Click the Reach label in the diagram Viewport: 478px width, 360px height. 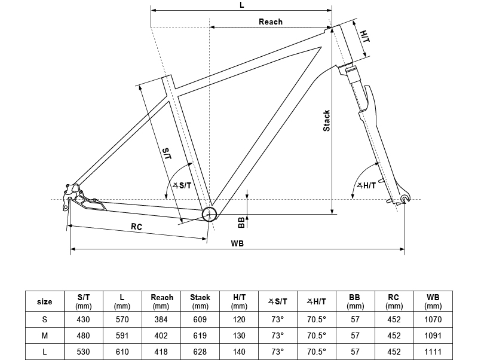coord(270,22)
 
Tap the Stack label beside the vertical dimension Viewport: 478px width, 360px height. coord(326,121)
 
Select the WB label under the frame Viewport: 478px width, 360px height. coord(237,243)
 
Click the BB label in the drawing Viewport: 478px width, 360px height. coord(241,222)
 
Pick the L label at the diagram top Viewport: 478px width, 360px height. coord(241,5)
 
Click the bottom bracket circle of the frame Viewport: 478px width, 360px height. coord(209,214)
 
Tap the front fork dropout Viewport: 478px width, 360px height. coord(405,199)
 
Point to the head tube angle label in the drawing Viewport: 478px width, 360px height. coord(366,185)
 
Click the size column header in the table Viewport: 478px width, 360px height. coord(45,301)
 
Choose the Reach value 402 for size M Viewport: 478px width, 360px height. coord(161,335)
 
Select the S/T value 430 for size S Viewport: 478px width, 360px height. coord(84,319)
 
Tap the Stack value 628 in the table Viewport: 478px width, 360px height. coord(200,352)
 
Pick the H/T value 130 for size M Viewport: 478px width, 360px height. coord(239,335)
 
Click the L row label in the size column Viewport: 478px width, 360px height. coord(45,352)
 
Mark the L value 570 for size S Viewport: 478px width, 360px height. coord(122,319)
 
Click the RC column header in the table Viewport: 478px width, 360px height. coord(393,301)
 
